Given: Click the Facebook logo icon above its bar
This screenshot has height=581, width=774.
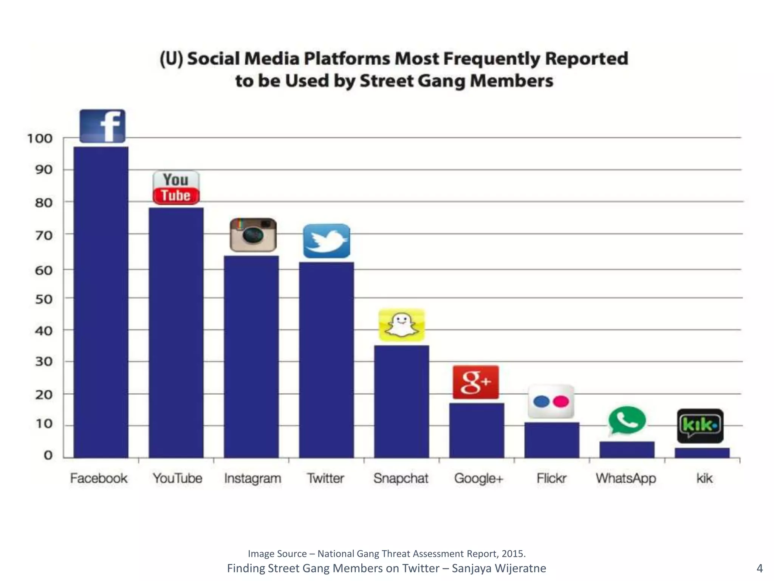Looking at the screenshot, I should pos(102,126).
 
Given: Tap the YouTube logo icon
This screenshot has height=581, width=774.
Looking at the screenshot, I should pos(176,188).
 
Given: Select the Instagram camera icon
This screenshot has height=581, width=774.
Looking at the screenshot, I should pos(253,235).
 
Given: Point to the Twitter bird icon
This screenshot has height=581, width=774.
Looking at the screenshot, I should pos(327,241).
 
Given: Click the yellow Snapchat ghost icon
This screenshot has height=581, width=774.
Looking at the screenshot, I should pos(401,325).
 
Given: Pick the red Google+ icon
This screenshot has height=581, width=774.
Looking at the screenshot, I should pos(476,382).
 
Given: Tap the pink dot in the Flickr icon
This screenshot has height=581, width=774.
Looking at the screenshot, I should pos(561,401).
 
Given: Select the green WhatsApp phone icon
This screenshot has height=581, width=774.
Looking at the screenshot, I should pos(627,421).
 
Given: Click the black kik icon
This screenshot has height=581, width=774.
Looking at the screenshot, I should pos(700,426).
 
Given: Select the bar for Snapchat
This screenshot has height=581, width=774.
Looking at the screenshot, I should pos(401,401).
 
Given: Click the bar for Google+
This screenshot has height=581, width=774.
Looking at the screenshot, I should pos(477,430).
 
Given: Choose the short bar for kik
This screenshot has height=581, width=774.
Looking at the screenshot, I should pos(702,453).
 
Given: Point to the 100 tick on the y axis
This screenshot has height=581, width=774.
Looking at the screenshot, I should pos(40,138).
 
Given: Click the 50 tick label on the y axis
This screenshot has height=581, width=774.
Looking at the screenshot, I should pos(43,299).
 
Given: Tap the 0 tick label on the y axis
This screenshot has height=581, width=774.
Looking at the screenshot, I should pos(48,455).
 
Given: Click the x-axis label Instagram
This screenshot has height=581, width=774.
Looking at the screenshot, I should pos(252,478).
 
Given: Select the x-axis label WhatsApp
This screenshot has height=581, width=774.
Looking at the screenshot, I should pos(626,478).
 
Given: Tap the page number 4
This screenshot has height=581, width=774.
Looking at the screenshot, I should pos(759,568).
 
